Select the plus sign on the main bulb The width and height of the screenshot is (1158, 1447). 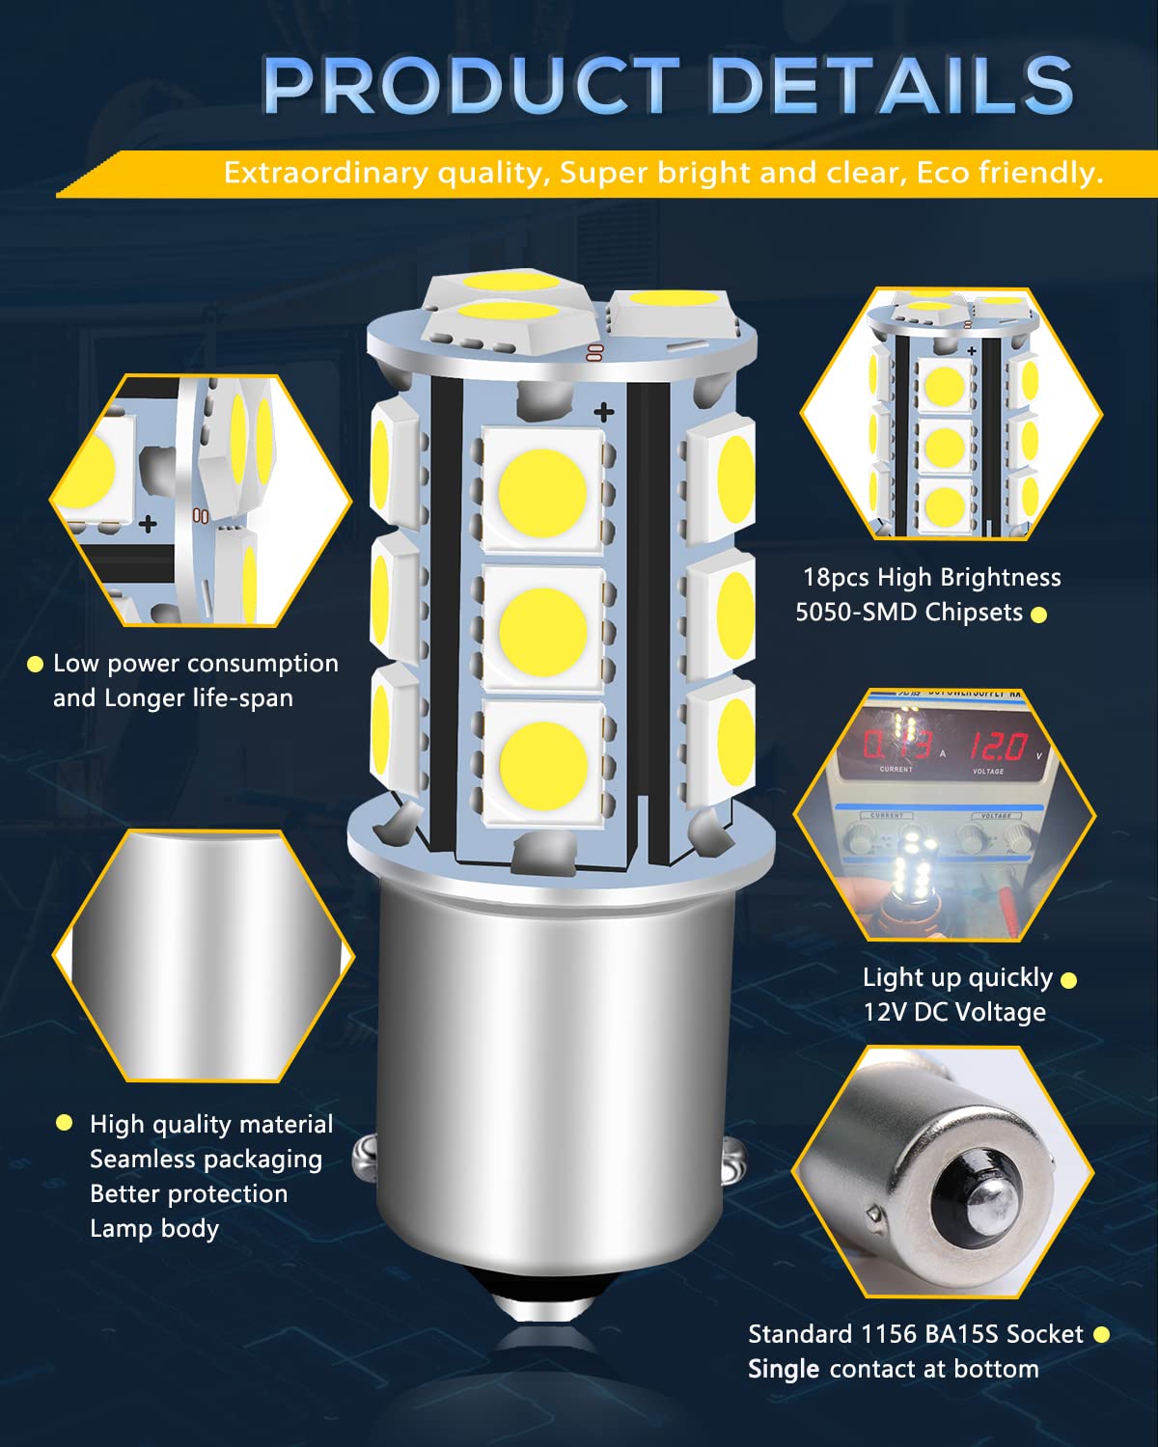[x=603, y=413]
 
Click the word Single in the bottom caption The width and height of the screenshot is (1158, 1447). [x=783, y=1369]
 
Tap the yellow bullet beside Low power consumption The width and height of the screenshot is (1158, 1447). [x=36, y=664]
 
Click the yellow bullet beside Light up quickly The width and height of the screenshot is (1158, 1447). [x=1068, y=980]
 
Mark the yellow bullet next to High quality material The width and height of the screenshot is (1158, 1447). [x=65, y=1122]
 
